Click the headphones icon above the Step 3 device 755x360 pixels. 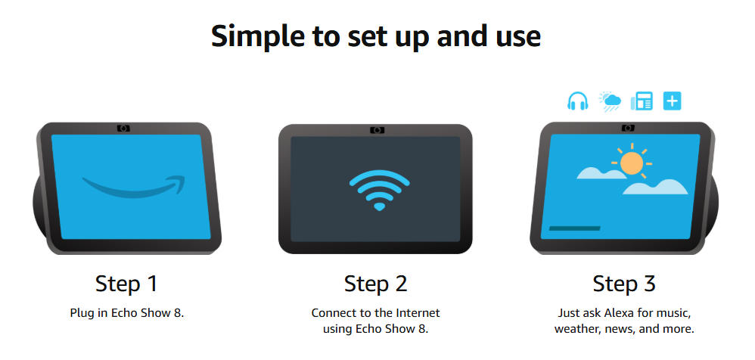coord(578,101)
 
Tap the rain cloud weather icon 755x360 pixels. coord(610,101)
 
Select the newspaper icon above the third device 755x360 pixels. coord(642,101)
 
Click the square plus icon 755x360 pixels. coord(673,101)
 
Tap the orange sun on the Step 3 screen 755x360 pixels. coord(632,162)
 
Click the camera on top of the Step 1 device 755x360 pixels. coord(124,128)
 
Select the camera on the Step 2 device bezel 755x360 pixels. coord(377,130)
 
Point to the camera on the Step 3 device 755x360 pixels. coord(627,128)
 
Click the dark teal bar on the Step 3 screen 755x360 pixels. coord(574,228)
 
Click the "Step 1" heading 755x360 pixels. coord(126,284)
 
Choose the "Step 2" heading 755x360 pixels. coord(375,284)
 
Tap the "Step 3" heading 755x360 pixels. coord(624,284)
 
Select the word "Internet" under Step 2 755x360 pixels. coord(418,313)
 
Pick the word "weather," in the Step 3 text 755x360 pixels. coord(574,330)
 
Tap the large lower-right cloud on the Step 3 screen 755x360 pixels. coord(655,187)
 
